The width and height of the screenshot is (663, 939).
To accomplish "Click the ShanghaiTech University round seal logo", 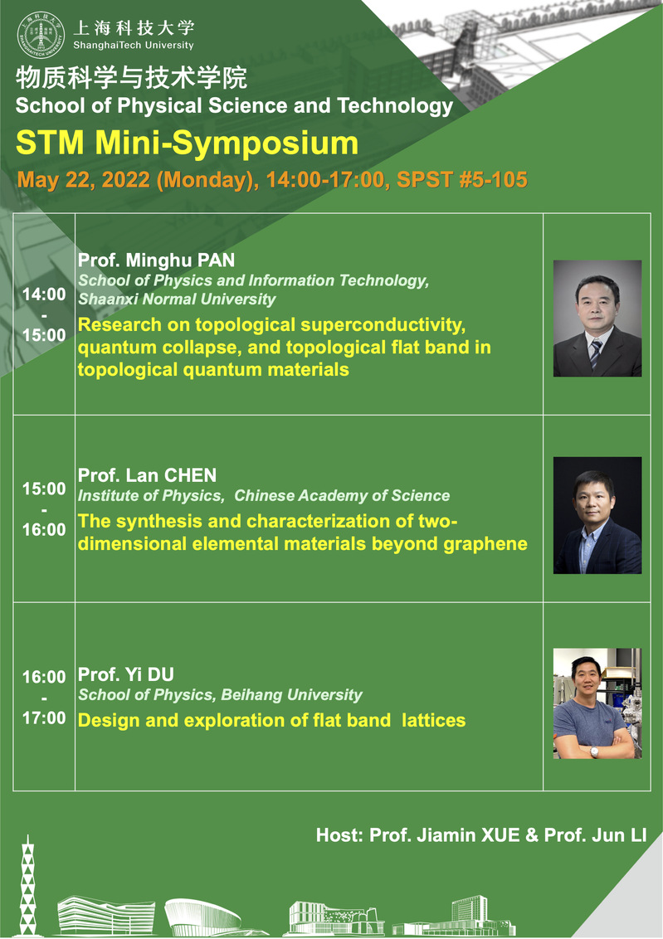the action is click(41, 36).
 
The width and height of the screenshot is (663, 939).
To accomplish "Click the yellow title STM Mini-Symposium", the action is click(187, 144).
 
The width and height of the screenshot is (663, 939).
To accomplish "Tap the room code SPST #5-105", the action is click(461, 180).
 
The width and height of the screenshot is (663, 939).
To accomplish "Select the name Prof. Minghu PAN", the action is click(156, 260).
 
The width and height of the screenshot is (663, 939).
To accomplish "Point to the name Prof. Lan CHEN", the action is click(148, 475).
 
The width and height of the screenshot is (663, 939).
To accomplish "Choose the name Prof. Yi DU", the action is click(126, 674).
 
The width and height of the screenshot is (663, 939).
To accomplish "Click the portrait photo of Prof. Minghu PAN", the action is click(597, 318).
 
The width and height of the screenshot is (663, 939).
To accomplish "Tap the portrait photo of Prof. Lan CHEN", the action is click(597, 516).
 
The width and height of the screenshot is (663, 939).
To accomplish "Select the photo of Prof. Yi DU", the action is click(597, 703).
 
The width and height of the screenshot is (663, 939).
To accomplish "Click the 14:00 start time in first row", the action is click(44, 294).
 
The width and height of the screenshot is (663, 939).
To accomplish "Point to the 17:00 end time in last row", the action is click(44, 718).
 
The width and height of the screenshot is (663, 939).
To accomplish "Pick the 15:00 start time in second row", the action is click(44, 489).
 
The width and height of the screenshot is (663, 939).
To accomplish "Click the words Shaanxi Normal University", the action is click(178, 299).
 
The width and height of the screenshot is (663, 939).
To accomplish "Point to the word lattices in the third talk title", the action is click(434, 720).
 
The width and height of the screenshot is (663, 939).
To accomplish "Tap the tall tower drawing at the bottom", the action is click(27, 885).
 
